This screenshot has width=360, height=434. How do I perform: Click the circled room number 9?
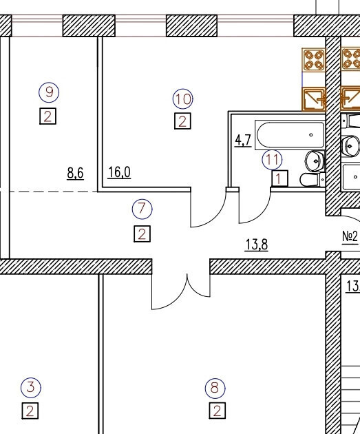pyautogui.click(x=49, y=92)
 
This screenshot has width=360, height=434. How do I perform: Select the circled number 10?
pyautogui.click(x=183, y=99)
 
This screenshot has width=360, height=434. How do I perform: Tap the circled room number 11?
pyautogui.click(x=272, y=160)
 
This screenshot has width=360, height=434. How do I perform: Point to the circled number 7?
pyautogui.click(x=142, y=209)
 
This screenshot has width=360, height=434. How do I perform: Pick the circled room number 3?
pyautogui.click(x=31, y=387)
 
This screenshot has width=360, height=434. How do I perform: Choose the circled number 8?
pyautogui.click(x=215, y=388)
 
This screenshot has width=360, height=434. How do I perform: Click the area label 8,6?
pyautogui.click(x=75, y=174)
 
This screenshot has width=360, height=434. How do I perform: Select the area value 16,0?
pyautogui.click(x=119, y=172)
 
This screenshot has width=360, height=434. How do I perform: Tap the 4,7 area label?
pyautogui.click(x=243, y=141)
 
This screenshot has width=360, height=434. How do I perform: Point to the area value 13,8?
pyautogui.click(x=257, y=245)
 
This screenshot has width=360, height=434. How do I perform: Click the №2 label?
pyautogui.click(x=350, y=237)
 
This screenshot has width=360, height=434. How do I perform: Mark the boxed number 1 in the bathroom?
pyautogui.click(x=280, y=178)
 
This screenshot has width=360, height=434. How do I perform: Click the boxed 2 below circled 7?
pyautogui.click(x=142, y=234)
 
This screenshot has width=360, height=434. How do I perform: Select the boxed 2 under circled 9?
pyautogui.click(x=47, y=116)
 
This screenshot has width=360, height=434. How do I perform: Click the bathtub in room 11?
pyautogui.click(x=290, y=135)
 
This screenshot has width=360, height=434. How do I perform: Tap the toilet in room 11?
pyautogui.click(x=313, y=180)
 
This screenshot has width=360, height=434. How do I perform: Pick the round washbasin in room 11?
pyautogui.click(x=315, y=161)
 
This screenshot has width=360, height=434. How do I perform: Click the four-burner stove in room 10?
pyautogui.click(x=314, y=60)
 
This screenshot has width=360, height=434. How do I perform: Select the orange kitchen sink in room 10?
pyautogui.click(x=314, y=99)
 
